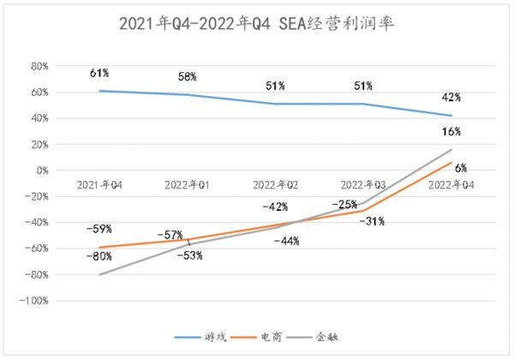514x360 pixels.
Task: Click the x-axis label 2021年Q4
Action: [x=99, y=184]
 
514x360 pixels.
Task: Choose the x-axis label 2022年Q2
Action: [x=276, y=184]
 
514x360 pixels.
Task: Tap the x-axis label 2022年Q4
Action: [x=451, y=184]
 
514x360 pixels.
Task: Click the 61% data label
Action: [x=99, y=74]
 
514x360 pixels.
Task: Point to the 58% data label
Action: [x=188, y=77]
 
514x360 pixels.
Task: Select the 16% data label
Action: [x=451, y=132]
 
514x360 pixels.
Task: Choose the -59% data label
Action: [x=99, y=230]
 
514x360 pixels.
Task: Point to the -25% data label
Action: [x=347, y=204]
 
